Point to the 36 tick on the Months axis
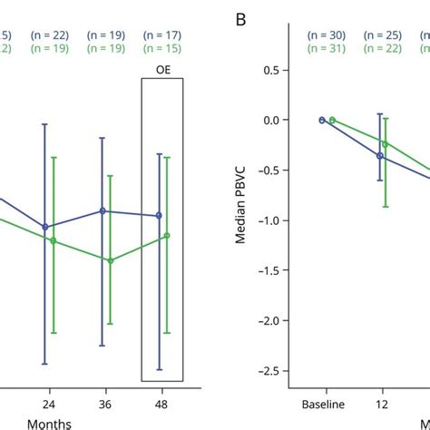coord(106,401)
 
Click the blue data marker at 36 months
coord(103,210)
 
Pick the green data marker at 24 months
coord(54,240)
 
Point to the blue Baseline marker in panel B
coord(321,120)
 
